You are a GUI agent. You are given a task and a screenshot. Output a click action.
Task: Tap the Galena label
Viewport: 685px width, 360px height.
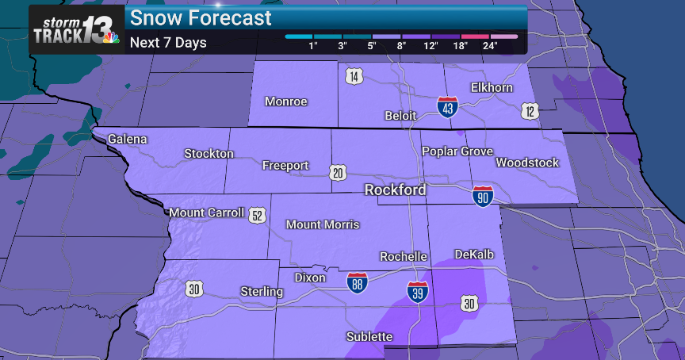[128, 139]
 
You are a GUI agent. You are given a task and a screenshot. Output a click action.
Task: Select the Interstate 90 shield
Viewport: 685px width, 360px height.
[482, 197]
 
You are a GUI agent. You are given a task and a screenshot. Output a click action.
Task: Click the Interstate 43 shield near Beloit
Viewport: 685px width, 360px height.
[448, 107]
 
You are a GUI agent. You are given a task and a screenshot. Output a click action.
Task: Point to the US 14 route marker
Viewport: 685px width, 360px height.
[354, 76]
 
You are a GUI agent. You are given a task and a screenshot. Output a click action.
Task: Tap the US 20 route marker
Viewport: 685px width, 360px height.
[339, 171]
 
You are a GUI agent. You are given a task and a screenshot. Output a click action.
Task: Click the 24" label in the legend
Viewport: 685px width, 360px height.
[489, 46]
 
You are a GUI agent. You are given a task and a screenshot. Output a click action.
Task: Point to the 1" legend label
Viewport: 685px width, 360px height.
[313, 46]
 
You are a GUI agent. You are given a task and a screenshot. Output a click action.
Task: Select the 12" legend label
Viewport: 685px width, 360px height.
[431, 46]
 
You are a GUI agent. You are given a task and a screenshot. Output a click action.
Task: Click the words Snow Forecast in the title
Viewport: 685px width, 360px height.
[201, 17]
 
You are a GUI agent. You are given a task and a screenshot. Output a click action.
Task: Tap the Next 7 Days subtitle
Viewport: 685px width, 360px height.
[168, 42]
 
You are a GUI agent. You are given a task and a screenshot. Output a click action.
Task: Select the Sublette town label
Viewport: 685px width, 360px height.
[369, 337]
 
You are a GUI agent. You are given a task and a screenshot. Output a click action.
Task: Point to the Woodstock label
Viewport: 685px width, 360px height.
[527, 163]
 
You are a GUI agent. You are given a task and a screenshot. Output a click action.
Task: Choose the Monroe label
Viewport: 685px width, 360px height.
[285, 101]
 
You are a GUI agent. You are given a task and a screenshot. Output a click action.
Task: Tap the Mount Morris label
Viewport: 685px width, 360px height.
[323, 224]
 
